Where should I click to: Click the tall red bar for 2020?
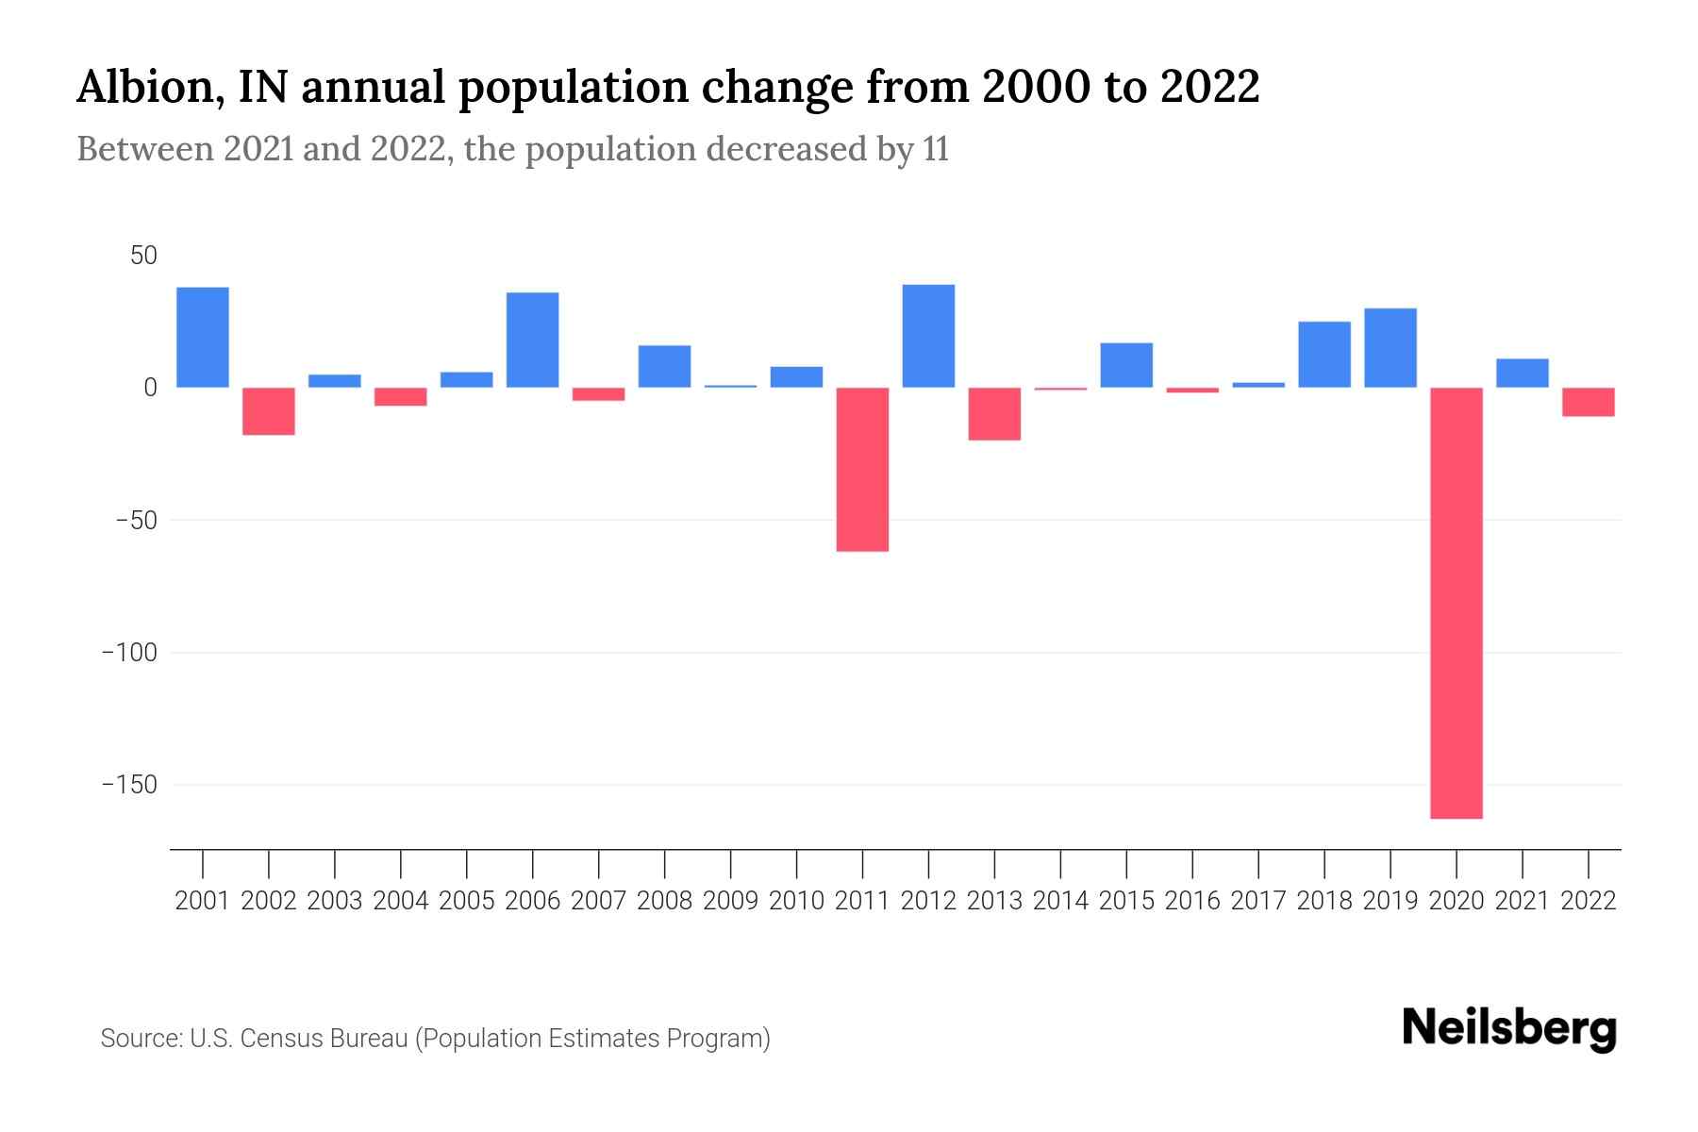pos(1456,603)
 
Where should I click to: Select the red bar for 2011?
pos(862,469)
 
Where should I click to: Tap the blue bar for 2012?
pos(928,336)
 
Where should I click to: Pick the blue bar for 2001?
pos(203,337)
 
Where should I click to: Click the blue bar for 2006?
pos(533,340)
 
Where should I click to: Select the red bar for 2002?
pos(269,411)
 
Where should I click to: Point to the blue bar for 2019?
pos(1390,347)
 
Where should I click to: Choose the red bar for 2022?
pos(1588,402)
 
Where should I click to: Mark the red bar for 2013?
pos(994,414)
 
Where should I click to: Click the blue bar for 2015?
pos(1126,365)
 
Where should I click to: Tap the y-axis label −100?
pos(129,653)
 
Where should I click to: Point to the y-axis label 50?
pos(143,256)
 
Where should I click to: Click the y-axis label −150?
pos(129,785)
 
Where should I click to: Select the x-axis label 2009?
pos(730,901)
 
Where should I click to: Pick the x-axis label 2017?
pos(1257,901)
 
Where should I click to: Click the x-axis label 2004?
pos(401,901)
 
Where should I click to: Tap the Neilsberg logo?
pos(1509,1028)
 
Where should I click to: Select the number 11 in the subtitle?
pos(936,150)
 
